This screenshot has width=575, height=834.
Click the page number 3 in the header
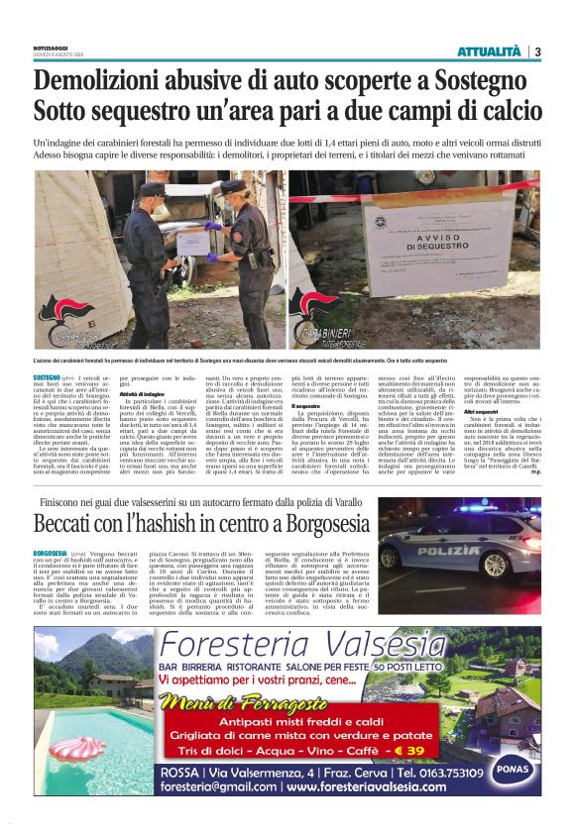[537, 52]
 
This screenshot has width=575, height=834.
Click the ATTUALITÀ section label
[489, 52]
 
